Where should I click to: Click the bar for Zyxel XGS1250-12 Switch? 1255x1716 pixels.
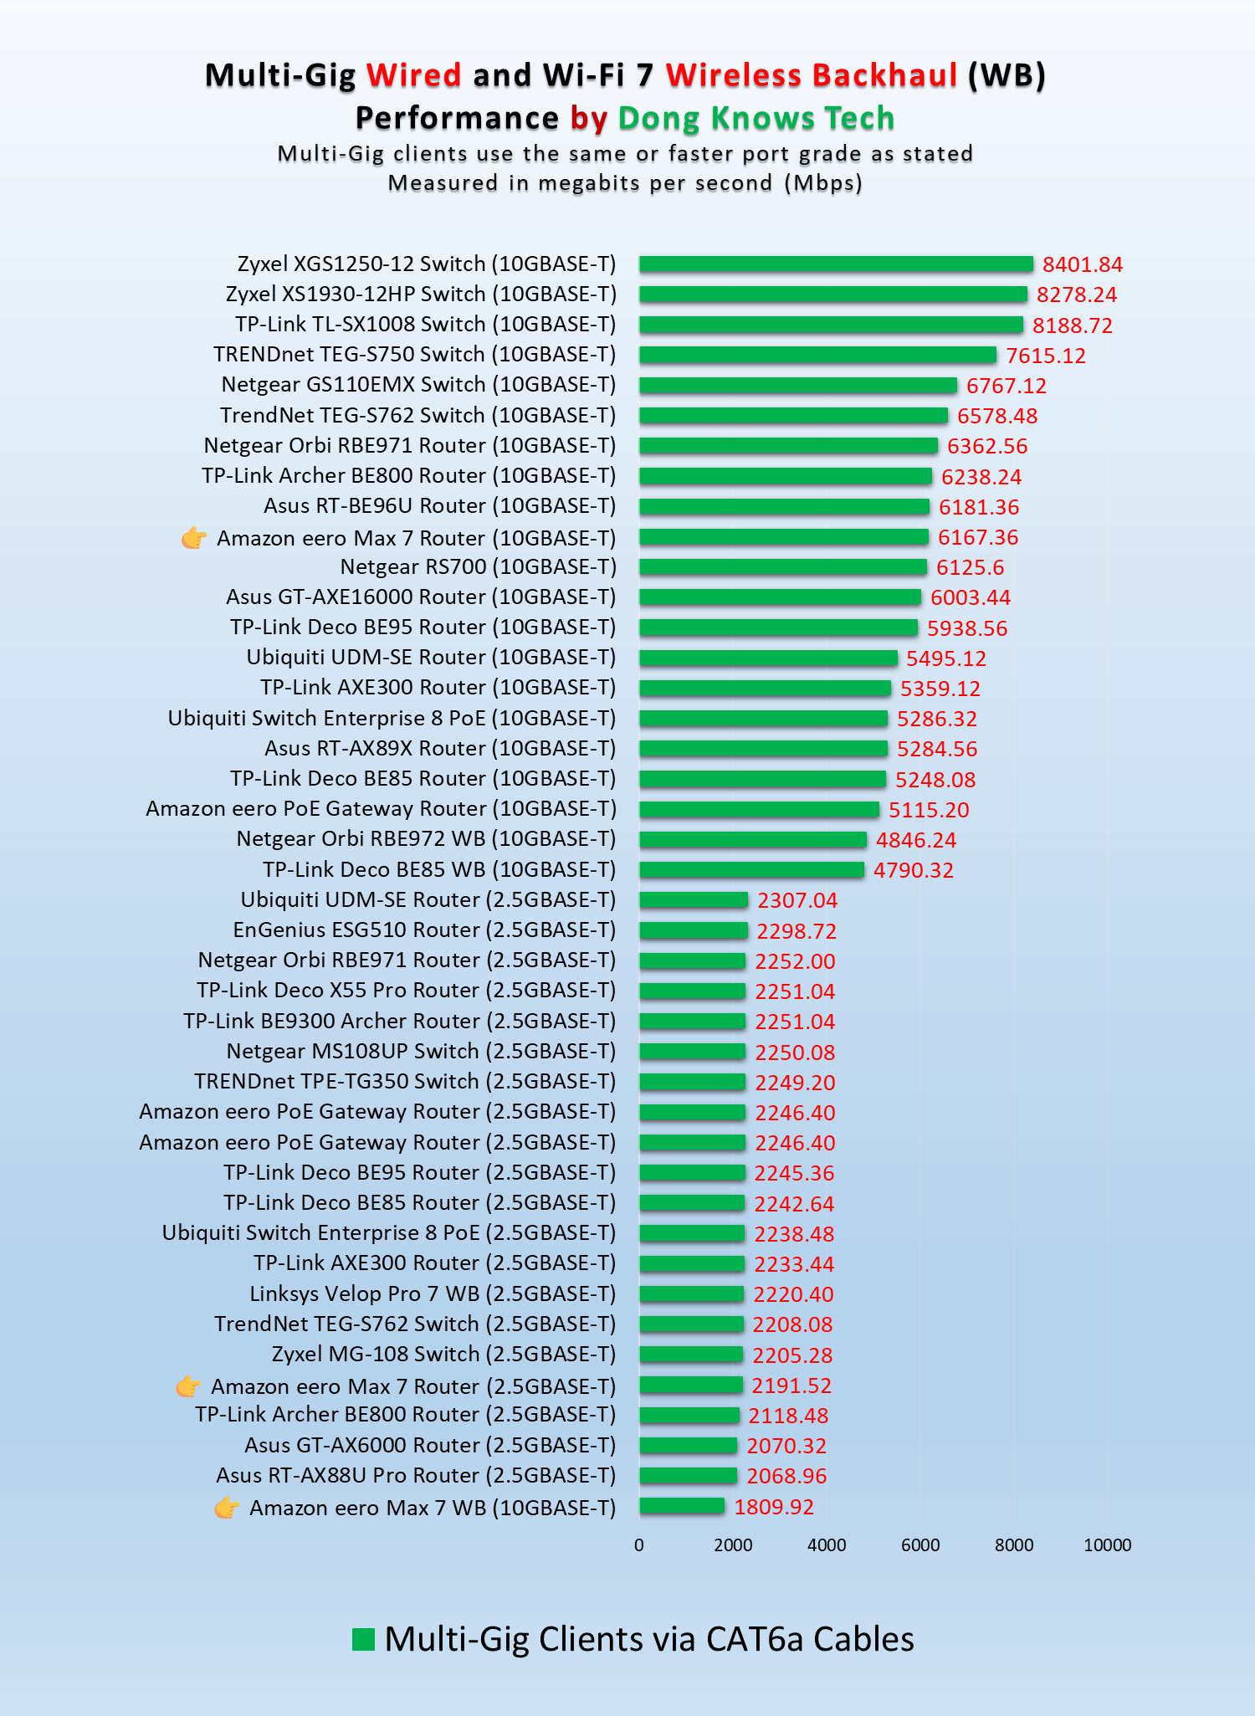tap(836, 264)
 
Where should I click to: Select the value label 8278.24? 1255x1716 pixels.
tap(1077, 295)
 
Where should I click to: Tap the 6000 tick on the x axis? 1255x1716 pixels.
tap(920, 1545)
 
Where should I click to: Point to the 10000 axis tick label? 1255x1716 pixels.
tap(1107, 1545)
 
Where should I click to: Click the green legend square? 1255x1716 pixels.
tap(363, 1639)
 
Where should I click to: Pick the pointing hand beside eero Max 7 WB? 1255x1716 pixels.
tap(226, 1508)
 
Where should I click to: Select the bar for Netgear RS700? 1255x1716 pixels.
tap(783, 567)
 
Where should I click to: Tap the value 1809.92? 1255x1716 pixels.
tap(774, 1507)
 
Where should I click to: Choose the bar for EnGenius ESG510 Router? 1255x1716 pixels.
tap(694, 930)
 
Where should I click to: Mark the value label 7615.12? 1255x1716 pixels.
tap(1046, 356)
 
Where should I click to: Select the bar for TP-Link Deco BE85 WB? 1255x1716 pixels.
tap(751, 870)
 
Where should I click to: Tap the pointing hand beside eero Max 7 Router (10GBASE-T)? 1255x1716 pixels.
tap(194, 538)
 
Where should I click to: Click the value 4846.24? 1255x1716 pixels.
tap(916, 840)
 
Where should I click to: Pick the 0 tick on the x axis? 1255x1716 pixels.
tap(639, 1545)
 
